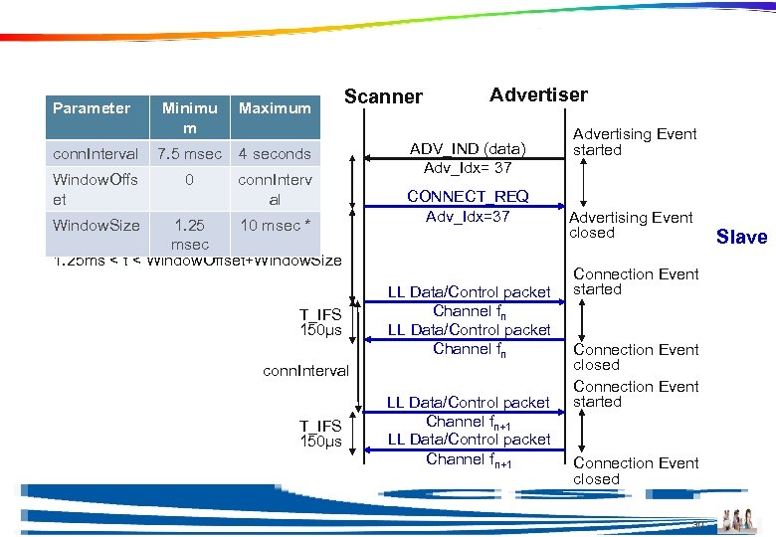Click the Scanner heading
click(x=383, y=96)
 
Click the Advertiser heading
click(x=538, y=94)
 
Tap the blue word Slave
click(x=741, y=237)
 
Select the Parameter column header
click(x=92, y=108)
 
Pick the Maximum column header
click(x=275, y=108)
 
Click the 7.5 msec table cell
click(x=189, y=154)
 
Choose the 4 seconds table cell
click(x=275, y=154)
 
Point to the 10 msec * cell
click(x=275, y=226)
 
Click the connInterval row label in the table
click(x=96, y=154)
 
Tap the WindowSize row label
click(x=96, y=226)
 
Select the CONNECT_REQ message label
click(x=468, y=197)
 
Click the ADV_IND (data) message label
click(x=468, y=149)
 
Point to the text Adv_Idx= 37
click(x=468, y=168)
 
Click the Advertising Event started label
click(x=635, y=142)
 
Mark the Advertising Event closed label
click(x=631, y=225)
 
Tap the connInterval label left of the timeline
click(x=305, y=371)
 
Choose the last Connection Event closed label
click(x=636, y=470)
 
